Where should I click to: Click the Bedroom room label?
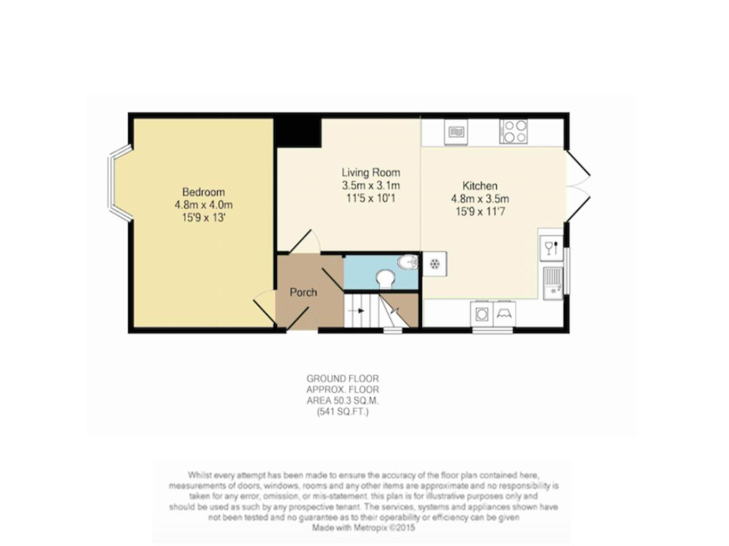click(203, 192)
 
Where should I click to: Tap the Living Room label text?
click(371, 172)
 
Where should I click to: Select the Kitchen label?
click(480, 186)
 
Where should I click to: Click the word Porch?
click(303, 292)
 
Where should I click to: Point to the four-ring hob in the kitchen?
click(513, 131)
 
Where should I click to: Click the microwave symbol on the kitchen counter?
click(456, 132)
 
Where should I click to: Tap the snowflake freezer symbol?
click(434, 264)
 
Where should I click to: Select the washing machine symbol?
click(482, 314)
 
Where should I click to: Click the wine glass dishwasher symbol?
click(551, 248)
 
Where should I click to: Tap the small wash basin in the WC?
click(408, 262)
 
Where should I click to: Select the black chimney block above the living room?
click(298, 131)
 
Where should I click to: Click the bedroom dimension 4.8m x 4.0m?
click(203, 205)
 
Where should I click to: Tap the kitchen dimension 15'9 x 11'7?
click(480, 211)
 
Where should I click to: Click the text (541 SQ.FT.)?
click(343, 412)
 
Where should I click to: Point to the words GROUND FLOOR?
click(343, 378)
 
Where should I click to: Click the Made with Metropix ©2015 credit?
click(363, 527)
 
